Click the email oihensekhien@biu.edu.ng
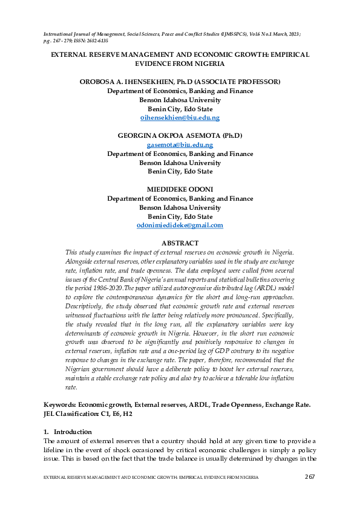point(180,118)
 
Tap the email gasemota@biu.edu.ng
point(180,145)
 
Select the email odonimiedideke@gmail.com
point(180,225)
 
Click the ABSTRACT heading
point(180,243)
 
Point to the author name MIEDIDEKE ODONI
point(180,189)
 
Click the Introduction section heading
point(73,432)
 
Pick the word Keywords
point(60,404)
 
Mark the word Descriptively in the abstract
point(85,306)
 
